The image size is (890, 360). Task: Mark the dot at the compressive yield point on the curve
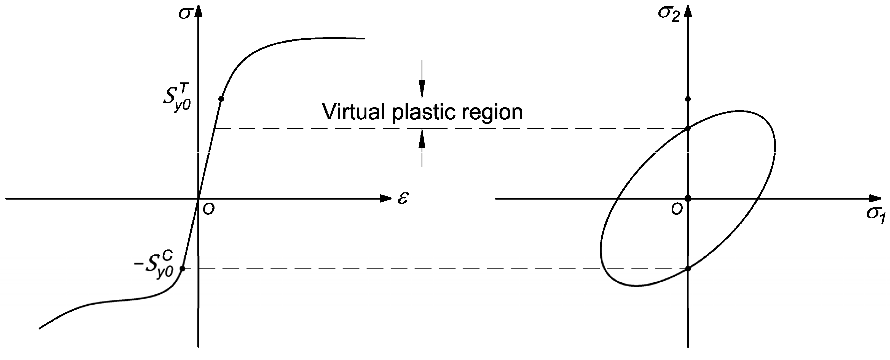(183, 268)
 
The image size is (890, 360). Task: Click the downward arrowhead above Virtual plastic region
(422, 90)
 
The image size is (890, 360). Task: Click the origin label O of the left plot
(209, 209)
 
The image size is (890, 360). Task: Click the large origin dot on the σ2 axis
(688, 198)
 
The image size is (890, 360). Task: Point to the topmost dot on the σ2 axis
(688, 99)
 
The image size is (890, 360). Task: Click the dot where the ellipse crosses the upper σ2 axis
(688, 128)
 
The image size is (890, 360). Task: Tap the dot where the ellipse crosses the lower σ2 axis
(688, 268)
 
